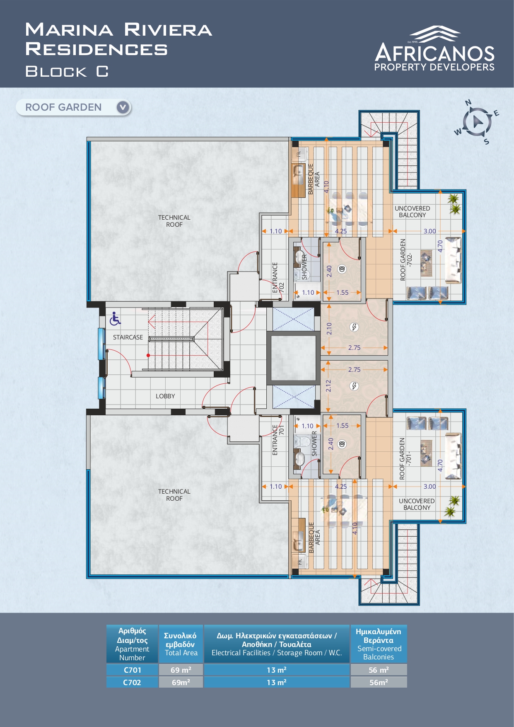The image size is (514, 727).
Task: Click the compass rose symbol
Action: [x=477, y=122]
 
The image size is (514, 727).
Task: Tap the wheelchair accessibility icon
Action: [x=115, y=319]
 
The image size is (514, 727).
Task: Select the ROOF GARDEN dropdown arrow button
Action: [x=123, y=107]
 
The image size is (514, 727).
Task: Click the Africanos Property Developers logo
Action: [x=434, y=48]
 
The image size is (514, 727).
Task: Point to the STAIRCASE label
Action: [x=128, y=337]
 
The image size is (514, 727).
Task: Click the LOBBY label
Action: [x=165, y=396]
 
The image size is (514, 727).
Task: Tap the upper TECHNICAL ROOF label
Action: [x=174, y=221]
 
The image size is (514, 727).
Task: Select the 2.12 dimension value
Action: [x=328, y=386]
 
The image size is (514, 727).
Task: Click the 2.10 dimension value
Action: [x=329, y=329]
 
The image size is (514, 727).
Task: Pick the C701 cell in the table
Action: [x=132, y=670]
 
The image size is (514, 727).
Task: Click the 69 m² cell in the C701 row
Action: [x=181, y=670]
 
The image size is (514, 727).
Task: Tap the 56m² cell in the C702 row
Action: [x=379, y=682]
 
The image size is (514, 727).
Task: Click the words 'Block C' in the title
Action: [x=67, y=71]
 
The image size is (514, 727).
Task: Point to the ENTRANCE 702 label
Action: [x=278, y=278]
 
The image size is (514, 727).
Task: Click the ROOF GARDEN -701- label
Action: [x=405, y=459]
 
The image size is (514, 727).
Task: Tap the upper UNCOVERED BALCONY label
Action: [x=413, y=212]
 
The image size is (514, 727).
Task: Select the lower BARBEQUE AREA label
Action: [x=314, y=538]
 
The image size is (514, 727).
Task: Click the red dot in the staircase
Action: [x=148, y=355]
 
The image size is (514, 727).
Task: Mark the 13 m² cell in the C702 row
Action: [x=277, y=682]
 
